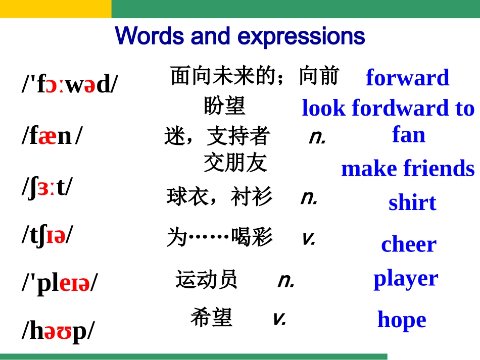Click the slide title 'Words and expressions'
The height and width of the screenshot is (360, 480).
[240, 36]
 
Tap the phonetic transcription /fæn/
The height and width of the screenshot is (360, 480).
[51, 136]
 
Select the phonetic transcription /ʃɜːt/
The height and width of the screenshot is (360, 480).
[47, 187]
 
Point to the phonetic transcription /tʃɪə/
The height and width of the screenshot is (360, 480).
[47, 235]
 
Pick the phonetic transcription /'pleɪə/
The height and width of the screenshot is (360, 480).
[60, 283]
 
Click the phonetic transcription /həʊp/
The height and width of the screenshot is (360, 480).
[58, 331]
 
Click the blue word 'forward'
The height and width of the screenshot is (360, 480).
[407, 78]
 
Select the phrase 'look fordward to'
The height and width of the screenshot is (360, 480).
[388, 108]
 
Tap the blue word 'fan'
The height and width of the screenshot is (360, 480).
[408, 135]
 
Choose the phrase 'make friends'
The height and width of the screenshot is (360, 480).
[408, 169]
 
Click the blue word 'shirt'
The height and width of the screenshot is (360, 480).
[412, 202]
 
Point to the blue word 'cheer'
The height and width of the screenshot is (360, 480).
[408, 244]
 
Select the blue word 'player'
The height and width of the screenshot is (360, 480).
[405, 278]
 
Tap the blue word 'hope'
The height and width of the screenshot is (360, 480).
[402, 320]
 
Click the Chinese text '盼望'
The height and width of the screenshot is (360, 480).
[224, 106]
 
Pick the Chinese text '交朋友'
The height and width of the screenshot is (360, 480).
[235, 163]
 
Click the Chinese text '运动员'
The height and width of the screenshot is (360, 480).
[206, 279]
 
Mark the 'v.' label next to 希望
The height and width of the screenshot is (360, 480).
[279, 318]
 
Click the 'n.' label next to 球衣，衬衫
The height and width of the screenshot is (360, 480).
[309, 197]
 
